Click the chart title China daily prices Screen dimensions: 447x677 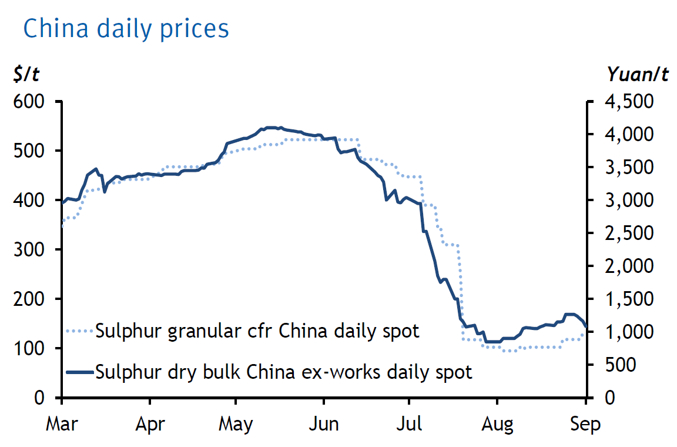click(125, 29)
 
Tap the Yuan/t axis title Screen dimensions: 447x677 click(638, 75)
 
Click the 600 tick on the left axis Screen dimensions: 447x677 click(30, 102)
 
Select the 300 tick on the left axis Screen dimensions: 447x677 click(30, 250)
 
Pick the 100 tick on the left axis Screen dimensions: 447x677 click(30, 349)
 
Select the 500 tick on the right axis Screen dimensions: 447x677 click(621, 365)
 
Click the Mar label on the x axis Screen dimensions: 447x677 click(61, 424)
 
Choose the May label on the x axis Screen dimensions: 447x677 click(236, 424)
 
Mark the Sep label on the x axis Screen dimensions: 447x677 click(586, 424)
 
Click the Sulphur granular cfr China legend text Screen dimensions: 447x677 click(257, 331)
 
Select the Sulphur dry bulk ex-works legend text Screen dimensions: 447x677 click(284, 372)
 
